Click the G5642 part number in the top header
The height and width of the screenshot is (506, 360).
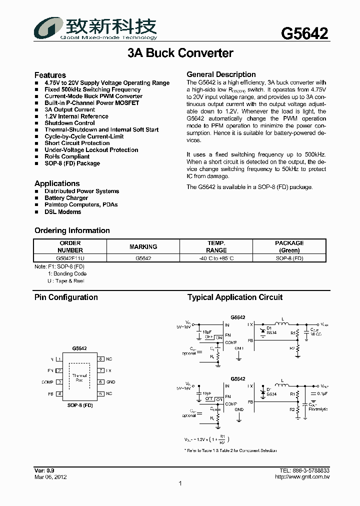click(304, 33)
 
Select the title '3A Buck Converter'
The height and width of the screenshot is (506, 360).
click(180, 53)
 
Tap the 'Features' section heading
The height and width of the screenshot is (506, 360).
click(50, 75)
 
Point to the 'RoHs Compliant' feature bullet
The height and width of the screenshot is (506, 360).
click(67, 156)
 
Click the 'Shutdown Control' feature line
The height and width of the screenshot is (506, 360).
click(69, 123)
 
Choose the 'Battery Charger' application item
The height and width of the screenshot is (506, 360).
click(66, 198)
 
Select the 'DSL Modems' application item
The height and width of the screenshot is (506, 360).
click(62, 211)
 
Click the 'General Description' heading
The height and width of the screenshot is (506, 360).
click(221, 74)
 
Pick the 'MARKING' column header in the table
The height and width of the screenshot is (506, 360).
click(143, 246)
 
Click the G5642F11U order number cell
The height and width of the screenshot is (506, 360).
click(70, 258)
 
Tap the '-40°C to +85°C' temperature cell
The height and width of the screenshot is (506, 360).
click(216, 258)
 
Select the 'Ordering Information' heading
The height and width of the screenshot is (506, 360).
click(72, 230)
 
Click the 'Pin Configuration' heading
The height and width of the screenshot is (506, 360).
click(66, 297)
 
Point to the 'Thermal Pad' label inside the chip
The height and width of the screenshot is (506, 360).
click(79, 377)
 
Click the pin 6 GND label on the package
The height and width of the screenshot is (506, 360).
click(110, 382)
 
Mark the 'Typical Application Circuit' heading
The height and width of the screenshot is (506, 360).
click(235, 297)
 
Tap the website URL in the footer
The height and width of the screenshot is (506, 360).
click(302, 477)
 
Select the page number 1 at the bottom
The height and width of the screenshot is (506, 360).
click(180, 483)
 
